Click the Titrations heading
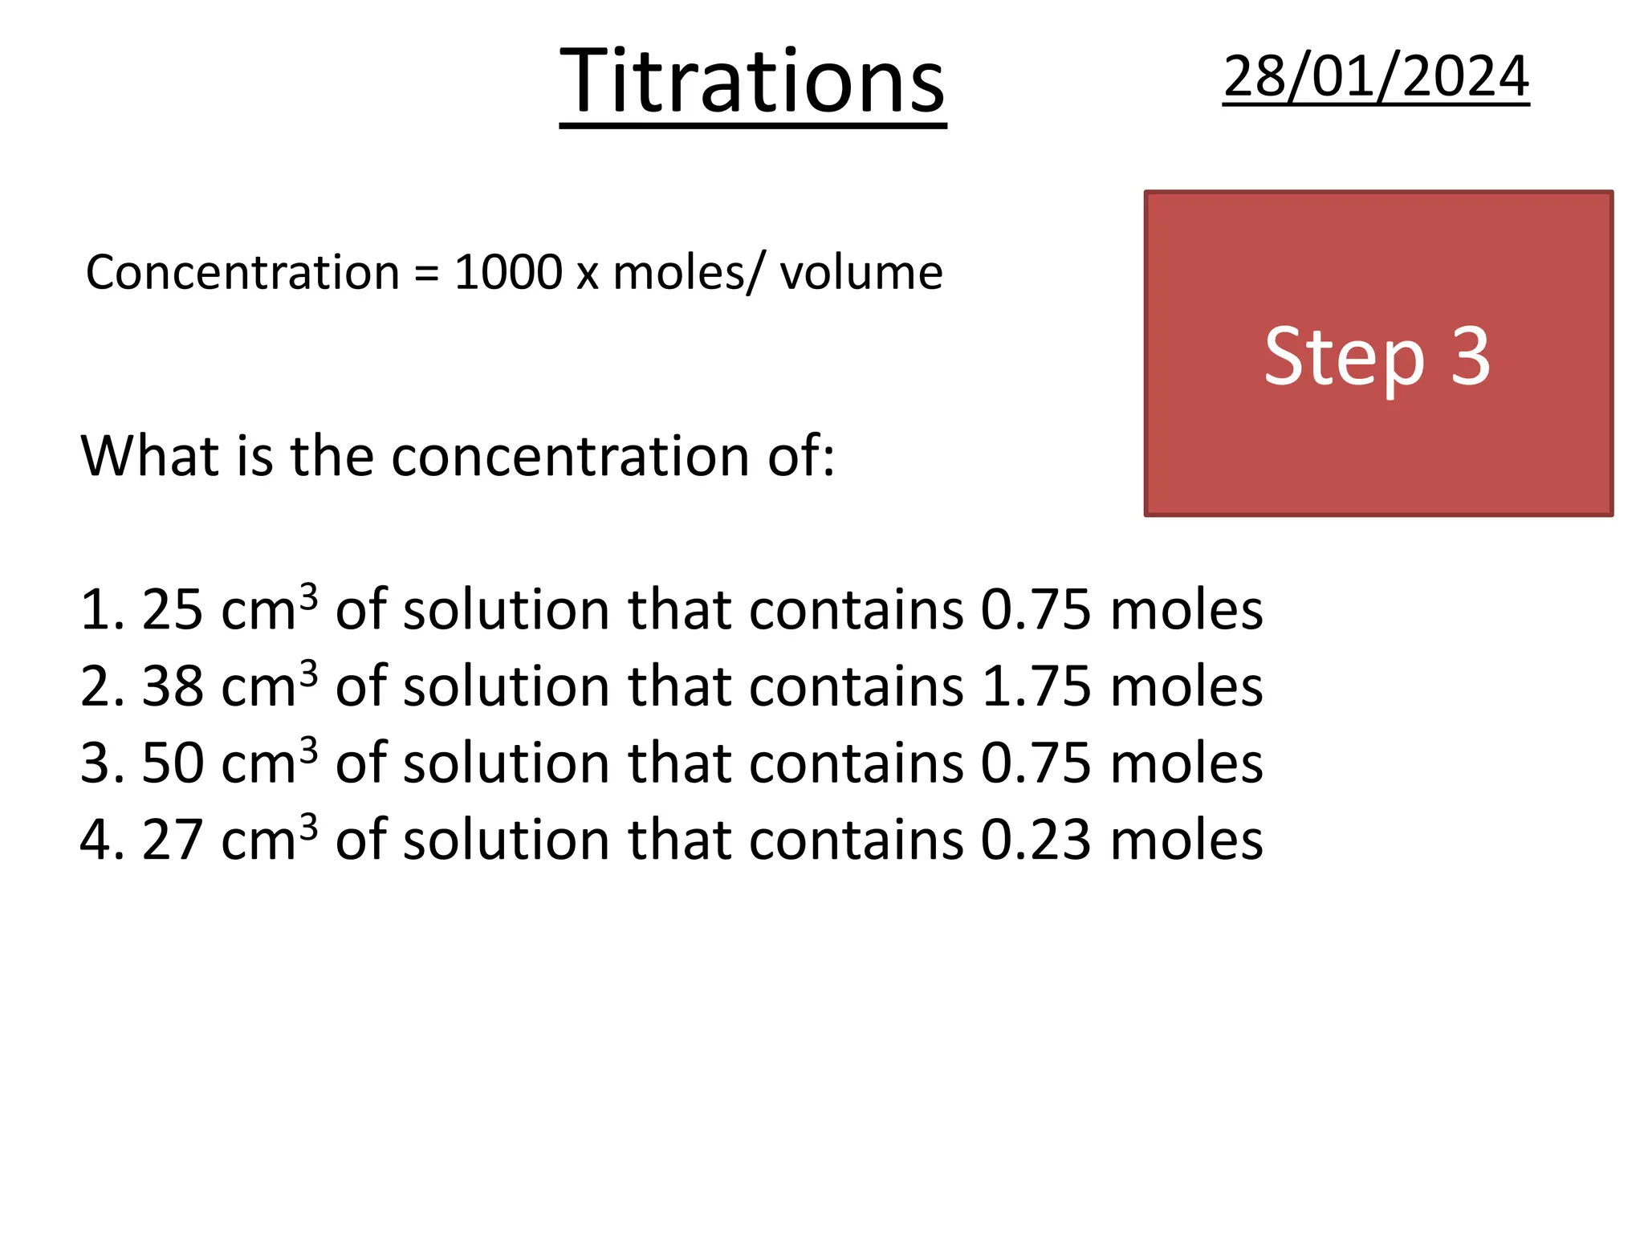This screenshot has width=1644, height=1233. pos(752,82)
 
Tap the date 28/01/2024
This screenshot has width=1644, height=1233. pos(1376,77)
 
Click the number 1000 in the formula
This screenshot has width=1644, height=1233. pos(508,272)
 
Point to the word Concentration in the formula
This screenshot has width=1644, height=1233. pos(242,272)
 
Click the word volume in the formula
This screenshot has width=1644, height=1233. pos(861,272)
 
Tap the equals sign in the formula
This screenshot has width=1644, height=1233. pos(426,274)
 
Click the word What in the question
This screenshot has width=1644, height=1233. pos(150,456)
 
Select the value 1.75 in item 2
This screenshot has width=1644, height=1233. pos(1036,687)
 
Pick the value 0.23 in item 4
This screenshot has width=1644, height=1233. pos(1036,840)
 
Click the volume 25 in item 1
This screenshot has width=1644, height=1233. pos(172,610)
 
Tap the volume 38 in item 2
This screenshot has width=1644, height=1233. pos(172,687)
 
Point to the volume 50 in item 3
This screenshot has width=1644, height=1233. pos(172,763)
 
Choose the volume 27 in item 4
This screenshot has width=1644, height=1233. pos(172,840)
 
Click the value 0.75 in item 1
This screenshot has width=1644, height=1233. pos(1036,610)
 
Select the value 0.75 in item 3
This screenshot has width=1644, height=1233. pos(1036,763)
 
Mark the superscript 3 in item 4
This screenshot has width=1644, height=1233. pos(308,825)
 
